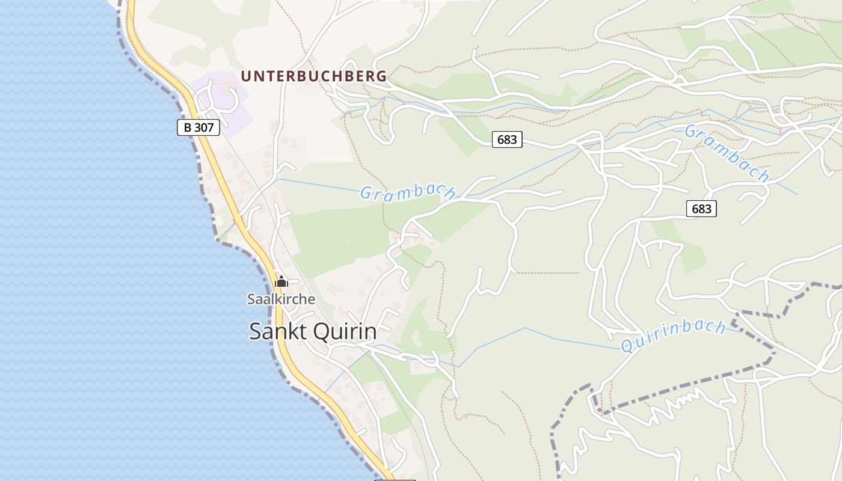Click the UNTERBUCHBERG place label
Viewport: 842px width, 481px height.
tap(313, 76)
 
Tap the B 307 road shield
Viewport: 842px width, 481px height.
tap(198, 127)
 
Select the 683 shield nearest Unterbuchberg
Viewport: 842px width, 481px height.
tap(507, 139)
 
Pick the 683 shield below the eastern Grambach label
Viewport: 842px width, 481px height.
tap(701, 209)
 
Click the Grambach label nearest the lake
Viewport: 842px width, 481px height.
tap(407, 192)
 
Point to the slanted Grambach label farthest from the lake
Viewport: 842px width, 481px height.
tap(727, 153)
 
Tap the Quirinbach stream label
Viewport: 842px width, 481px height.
tap(673, 337)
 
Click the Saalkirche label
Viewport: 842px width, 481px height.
tap(281, 299)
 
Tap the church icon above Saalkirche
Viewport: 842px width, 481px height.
tap(281, 281)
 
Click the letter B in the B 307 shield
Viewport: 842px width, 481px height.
tap(188, 127)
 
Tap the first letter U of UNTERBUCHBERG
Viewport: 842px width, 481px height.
tap(245, 76)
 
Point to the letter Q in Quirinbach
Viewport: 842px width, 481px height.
tap(627, 346)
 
